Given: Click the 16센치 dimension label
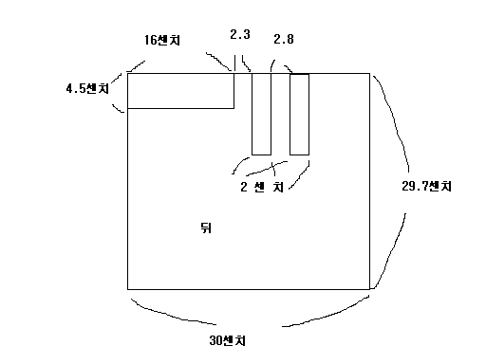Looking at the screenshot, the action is pos(162,40).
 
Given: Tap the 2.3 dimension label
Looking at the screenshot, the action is pos(240,34).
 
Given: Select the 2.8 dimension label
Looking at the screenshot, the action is pos(284,39).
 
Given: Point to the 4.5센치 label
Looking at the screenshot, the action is pos(87,88).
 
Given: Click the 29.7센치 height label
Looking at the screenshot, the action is pos(426,186).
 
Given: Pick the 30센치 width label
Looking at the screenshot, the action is pos(227,340).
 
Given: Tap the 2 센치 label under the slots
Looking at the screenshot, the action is pos(262,187).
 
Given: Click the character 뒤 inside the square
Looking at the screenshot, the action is pos(206,227).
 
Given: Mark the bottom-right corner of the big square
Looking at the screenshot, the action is pos(369,289).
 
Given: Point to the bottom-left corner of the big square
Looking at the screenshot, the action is pos(127,289).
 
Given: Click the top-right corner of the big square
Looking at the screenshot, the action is pos(369,73).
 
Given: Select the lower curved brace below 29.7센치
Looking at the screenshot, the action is pos(391,253).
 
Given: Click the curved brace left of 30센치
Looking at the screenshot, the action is pos(171,314).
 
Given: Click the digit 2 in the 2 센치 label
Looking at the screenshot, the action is pos(244,187).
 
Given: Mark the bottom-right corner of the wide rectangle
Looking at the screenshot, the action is pos(234,108).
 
